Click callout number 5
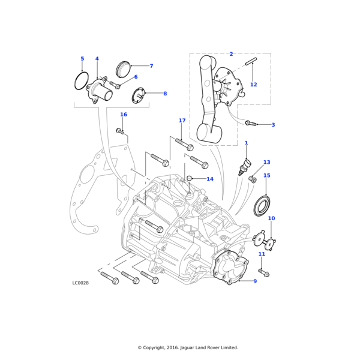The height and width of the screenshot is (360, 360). (x=82, y=59)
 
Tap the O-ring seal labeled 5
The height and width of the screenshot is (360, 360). (x=82, y=81)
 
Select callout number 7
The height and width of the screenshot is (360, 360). (x=151, y=66)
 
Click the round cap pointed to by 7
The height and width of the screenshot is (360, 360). (x=123, y=69)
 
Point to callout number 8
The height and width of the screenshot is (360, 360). (x=165, y=94)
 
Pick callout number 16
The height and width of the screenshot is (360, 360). (x=124, y=115)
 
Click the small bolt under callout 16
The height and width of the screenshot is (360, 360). (x=121, y=130)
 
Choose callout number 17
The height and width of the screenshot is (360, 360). (x=182, y=121)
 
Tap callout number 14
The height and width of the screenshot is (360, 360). (x=210, y=179)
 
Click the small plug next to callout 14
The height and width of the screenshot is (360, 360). (x=189, y=178)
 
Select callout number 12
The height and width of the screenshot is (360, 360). (x=254, y=85)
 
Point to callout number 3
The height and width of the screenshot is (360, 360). (x=273, y=125)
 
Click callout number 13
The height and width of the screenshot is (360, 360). (x=266, y=163)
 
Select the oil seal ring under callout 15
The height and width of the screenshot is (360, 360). (x=262, y=205)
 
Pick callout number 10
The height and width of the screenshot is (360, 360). (x=271, y=218)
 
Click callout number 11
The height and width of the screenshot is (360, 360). (x=262, y=254)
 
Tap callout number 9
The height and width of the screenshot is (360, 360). (x=254, y=281)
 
